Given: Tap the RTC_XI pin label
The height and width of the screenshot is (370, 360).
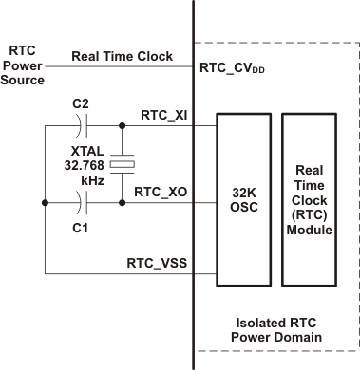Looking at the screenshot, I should (162, 114).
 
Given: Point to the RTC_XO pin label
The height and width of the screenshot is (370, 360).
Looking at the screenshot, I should (161, 191).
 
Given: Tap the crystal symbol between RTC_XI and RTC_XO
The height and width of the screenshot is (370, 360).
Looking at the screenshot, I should (123, 164).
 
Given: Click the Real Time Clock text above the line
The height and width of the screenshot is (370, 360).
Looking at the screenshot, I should (123, 56).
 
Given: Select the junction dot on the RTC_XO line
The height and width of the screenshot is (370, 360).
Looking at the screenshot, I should (123, 202).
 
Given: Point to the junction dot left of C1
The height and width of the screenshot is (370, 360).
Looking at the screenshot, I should (46, 202).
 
